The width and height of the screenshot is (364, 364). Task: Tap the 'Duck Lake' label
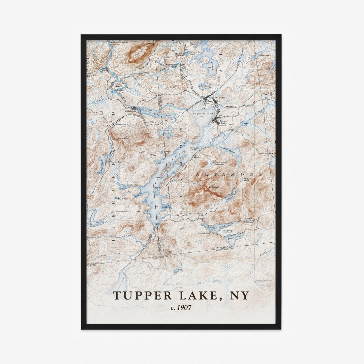click(235, 237)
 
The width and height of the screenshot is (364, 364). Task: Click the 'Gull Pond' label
click(166, 131)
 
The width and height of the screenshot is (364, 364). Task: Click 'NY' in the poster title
click(239, 296)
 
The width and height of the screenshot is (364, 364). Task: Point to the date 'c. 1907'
click(181, 307)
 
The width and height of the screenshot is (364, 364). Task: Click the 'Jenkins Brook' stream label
click(196, 213)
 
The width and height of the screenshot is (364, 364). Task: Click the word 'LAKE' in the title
click(196, 296)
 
